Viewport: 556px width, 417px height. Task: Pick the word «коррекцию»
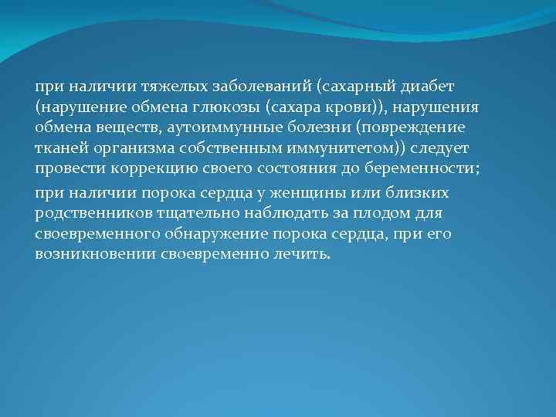(x=126, y=167)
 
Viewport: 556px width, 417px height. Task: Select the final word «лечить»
(x=302, y=253)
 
